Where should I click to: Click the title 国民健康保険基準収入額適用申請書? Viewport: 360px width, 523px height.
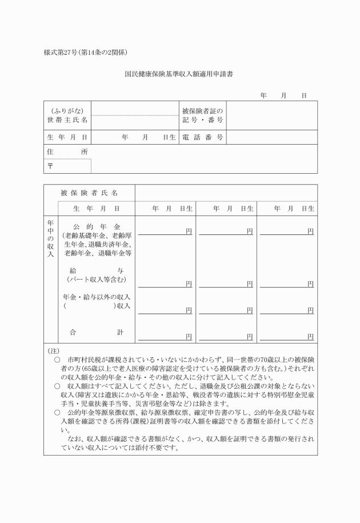point(181,74)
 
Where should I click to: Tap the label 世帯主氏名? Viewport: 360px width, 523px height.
point(67,121)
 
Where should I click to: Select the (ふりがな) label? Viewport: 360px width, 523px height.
point(67,110)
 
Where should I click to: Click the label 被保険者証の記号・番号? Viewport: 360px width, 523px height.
point(202,115)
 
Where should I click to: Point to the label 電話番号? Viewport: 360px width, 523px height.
point(202,137)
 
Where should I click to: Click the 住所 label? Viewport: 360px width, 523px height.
point(67,151)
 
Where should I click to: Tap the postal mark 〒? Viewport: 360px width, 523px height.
point(50,166)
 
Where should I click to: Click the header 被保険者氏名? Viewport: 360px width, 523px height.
point(89,193)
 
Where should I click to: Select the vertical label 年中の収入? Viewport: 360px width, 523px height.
point(50,237)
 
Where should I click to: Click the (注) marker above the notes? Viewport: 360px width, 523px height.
point(53,350)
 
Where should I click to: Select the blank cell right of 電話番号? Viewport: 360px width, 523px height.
point(271,137)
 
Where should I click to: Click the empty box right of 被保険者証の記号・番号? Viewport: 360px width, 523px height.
point(271,115)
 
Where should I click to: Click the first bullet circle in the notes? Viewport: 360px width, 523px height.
point(57,361)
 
